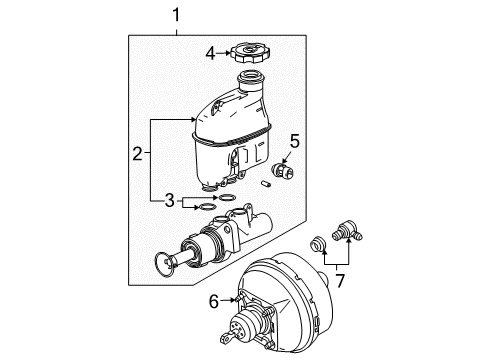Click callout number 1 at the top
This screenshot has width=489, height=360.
click(x=177, y=16)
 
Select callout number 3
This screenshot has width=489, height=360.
click(x=170, y=201)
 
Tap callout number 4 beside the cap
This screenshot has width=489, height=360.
click(x=209, y=53)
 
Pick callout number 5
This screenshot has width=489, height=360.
click(x=294, y=140)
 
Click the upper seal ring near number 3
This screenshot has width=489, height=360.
click(x=227, y=198)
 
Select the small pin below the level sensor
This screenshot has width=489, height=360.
click(x=268, y=184)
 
